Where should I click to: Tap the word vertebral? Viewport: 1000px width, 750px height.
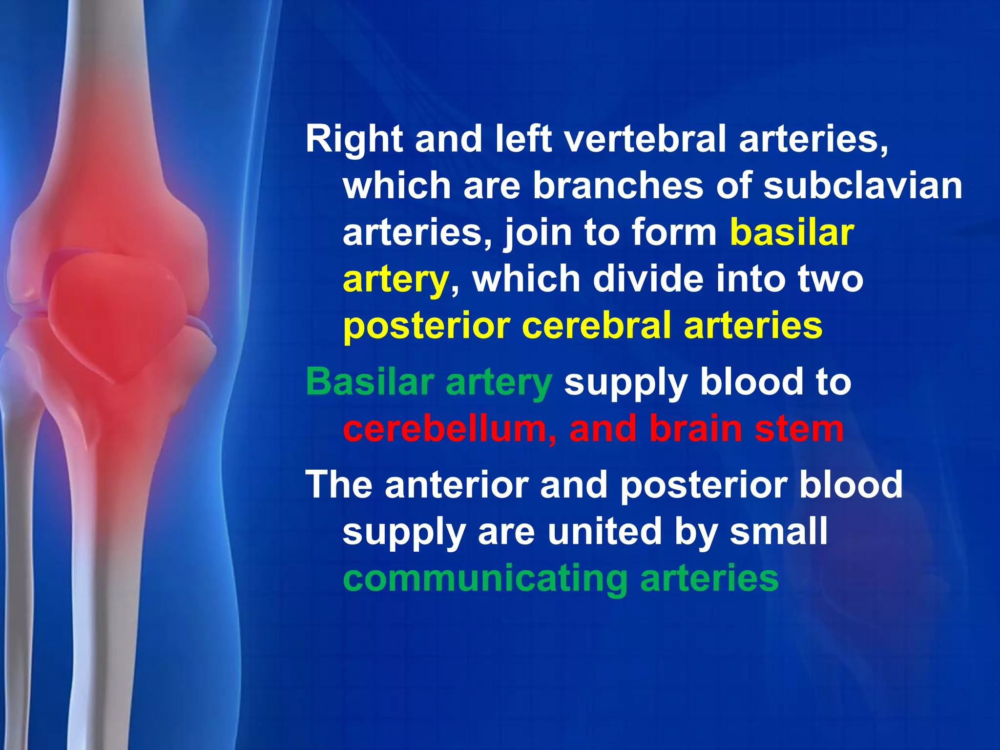click(x=645, y=139)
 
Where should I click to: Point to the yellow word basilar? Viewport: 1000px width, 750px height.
click(x=792, y=232)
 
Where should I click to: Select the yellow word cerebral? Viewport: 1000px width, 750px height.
click(x=596, y=326)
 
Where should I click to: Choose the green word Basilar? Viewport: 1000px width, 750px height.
click(x=370, y=382)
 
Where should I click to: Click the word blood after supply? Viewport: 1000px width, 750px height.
click(x=751, y=382)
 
